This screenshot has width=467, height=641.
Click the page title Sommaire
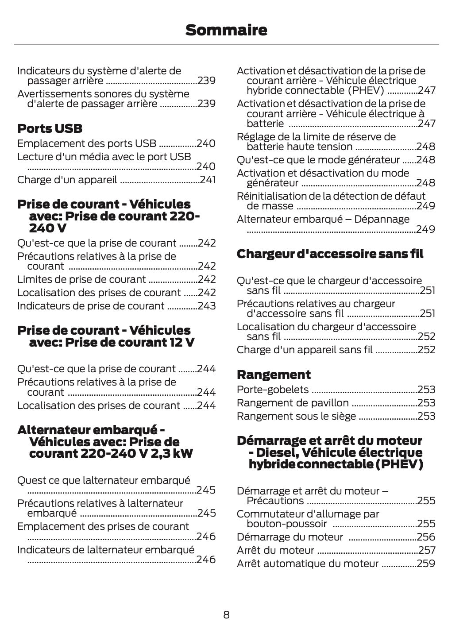click(x=226, y=30)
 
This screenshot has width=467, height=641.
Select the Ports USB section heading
click(x=50, y=129)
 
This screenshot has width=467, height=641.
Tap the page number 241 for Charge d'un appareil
click(x=207, y=180)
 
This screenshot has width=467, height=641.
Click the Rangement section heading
click(x=274, y=375)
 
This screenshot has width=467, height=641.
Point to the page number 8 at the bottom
click(x=226, y=614)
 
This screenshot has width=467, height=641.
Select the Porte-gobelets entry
click(x=273, y=390)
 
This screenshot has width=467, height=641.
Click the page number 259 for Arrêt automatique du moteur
click(x=426, y=564)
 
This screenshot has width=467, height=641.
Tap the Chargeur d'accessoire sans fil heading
click(x=330, y=254)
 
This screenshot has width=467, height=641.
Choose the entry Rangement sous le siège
click(x=296, y=416)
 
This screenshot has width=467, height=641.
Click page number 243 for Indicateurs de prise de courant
click(x=206, y=306)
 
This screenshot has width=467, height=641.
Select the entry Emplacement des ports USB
click(x=87, y=143)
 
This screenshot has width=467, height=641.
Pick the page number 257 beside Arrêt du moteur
click(x=427, y=550)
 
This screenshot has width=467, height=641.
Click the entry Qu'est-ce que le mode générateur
click(x=318, y=160)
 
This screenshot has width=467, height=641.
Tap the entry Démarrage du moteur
click(x=290, y=537)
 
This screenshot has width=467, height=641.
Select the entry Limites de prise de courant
click(x=81, y=279)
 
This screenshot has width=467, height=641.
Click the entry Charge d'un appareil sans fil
click(x=305, y=350)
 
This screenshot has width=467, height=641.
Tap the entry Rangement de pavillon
click(x=293, y=403)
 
